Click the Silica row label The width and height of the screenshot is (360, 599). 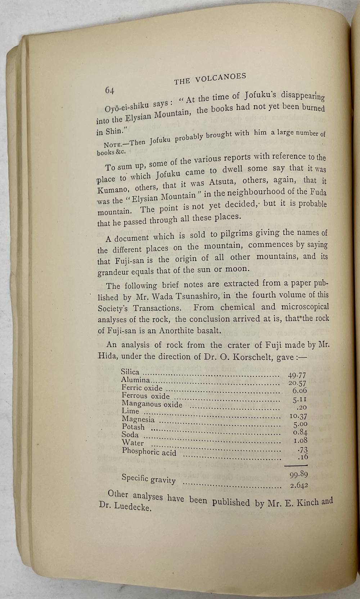point(130,371)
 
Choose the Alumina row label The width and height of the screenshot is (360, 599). point(135,380)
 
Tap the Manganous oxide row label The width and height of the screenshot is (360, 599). point(152,404)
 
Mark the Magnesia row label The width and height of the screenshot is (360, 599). point(138,419)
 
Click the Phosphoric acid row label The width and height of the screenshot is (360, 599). point(149,451)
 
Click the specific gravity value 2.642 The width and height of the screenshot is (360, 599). point(299,485)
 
